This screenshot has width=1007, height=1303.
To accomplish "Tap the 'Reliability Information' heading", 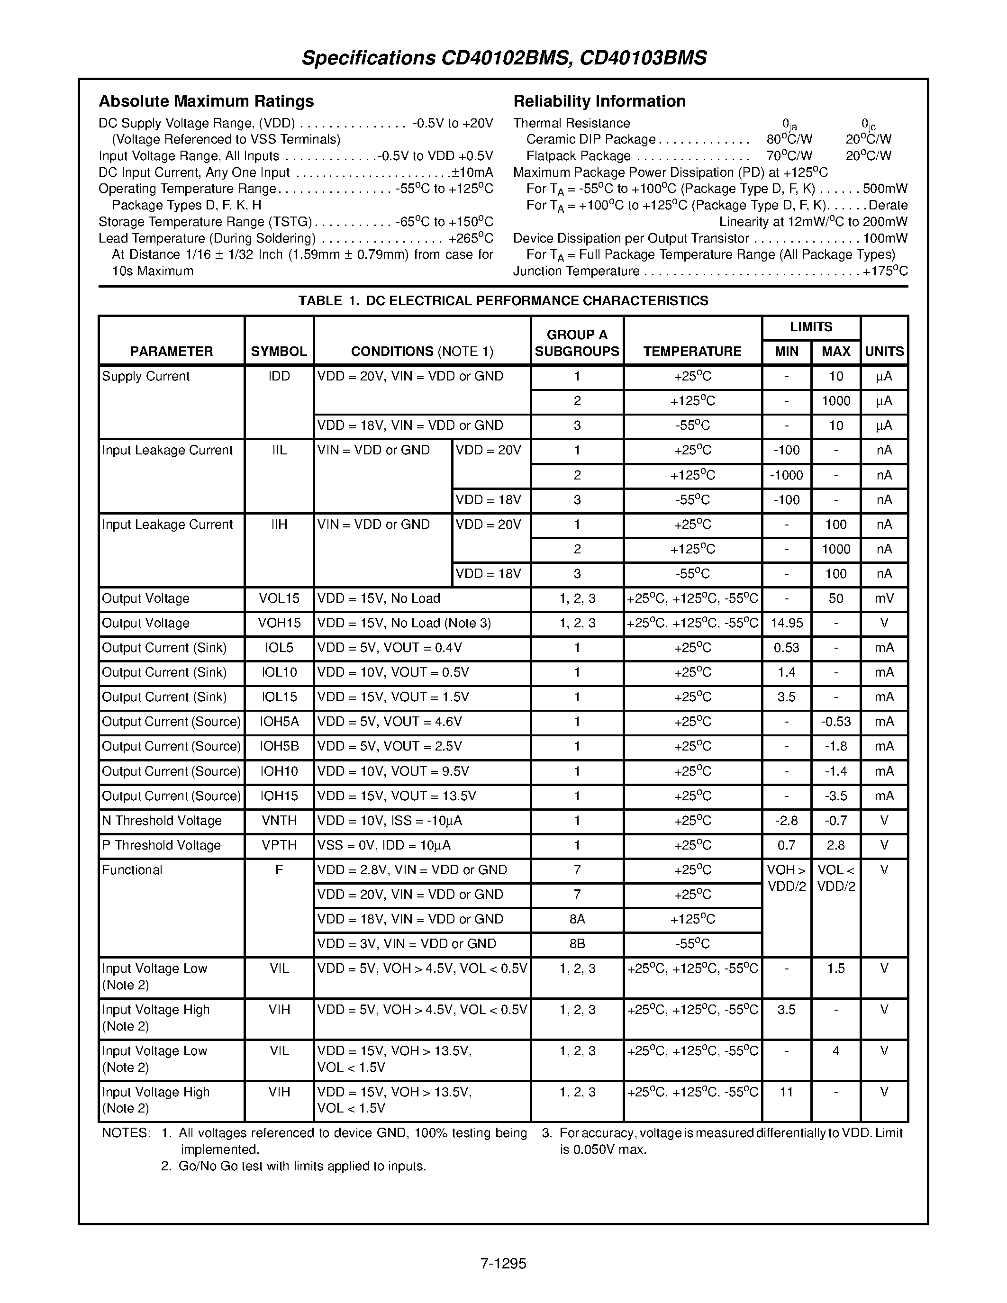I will click(599, 101).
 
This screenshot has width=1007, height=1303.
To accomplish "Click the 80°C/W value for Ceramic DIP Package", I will click(789, 140).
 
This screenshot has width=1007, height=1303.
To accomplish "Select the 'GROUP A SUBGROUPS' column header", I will click(576, 343).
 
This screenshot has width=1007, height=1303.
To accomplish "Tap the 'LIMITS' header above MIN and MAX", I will click(810, 327).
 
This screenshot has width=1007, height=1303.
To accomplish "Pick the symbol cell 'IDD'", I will click(279, 377).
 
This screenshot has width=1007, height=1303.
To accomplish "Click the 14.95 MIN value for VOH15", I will click(786, 624).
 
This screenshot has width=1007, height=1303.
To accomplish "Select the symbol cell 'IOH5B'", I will click(279, 746).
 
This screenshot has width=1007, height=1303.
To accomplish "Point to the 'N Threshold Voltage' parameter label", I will click(162, 821).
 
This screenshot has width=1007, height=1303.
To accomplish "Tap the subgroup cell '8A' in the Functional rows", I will click(576, 919).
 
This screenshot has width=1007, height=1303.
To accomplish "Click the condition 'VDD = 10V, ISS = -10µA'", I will click(390, 821).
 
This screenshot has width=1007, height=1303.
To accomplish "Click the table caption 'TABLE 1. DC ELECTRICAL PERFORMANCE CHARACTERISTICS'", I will click(503, 301).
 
